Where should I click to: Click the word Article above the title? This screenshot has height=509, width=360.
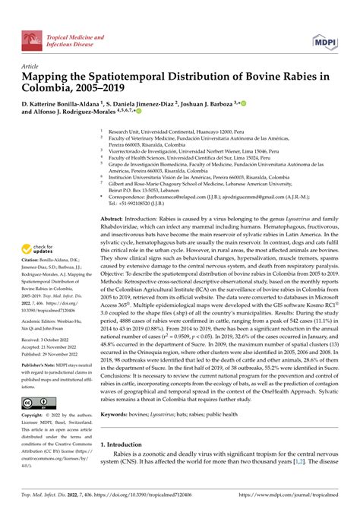tap(30, 66)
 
